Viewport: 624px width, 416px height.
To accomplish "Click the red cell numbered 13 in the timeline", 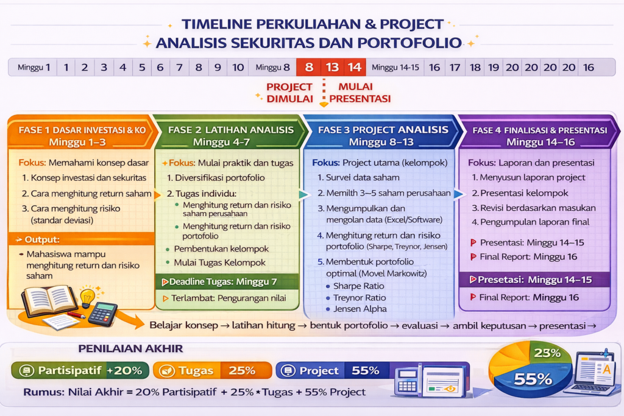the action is [x=332, y=67].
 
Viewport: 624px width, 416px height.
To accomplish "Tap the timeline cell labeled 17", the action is [x=455, y=67].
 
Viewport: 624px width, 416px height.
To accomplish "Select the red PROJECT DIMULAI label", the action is [x=289, y=93].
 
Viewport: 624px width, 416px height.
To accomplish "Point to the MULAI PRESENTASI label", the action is [x=360, y=93].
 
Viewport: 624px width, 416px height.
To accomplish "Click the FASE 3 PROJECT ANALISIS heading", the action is [x=383, y=130].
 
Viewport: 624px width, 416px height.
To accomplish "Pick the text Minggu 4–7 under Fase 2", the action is [x=221, y=142].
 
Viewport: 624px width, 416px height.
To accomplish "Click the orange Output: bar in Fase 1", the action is [x=81, y=239].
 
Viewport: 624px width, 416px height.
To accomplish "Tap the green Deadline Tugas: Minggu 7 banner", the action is [x=227, y=281].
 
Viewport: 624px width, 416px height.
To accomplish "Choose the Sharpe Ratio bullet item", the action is [x=355, y=286].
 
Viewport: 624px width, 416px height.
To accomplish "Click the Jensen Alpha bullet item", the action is [x=356, y=309].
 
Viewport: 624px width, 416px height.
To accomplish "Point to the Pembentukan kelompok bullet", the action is [x=218, y=249].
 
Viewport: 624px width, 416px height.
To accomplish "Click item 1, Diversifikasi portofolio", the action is [x=216, y=178].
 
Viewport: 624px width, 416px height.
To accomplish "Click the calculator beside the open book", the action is [x=102, y=314].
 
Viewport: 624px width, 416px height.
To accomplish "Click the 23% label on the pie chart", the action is [x=547, y=353].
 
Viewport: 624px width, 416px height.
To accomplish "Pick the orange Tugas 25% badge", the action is [x=213, y=370].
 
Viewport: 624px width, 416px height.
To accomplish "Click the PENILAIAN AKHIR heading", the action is [x=130, y=349].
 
